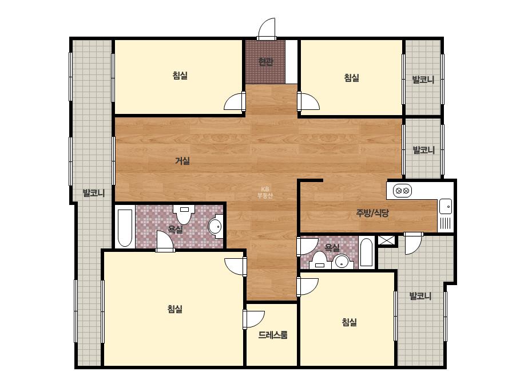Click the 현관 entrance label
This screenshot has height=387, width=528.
(x=265, y=62)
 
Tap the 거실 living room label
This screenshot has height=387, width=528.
(x=182, y=161)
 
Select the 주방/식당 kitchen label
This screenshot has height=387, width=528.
(x=372, y=213)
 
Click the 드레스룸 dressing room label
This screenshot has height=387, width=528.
(x=273, y=335)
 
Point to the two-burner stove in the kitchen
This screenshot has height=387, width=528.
(x=402, y=191)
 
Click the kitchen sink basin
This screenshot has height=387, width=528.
(x=446, y=206)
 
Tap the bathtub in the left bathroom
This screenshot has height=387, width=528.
(x=125, y=228)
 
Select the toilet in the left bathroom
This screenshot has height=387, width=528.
(x=184, y=214)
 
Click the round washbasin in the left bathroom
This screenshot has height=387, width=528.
(x=216, y=226)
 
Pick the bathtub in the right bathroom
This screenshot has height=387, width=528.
(x=366, y=252)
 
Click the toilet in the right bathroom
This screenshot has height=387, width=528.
(x=320, y=260)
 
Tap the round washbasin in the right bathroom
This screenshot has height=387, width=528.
(x=343, y=262)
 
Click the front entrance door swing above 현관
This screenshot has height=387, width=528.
(x=267, y=29)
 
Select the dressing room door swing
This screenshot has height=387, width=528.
(x=254, y=319)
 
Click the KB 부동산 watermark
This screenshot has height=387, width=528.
(x=265, y=192)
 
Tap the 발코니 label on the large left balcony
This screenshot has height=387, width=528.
(x=94, y=193)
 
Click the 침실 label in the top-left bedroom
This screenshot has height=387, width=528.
(x=180, y=76)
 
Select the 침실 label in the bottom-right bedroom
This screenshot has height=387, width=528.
(x=349, y=322)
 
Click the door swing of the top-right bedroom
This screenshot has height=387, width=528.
(x=308, y=101)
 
